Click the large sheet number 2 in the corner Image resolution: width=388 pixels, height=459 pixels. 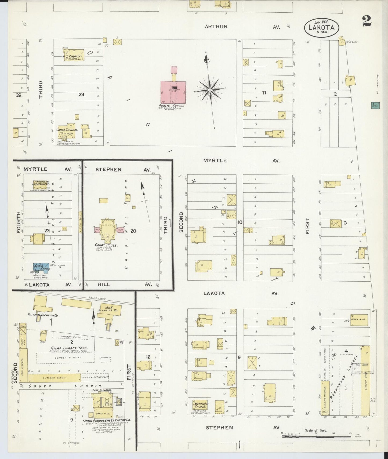[x=366, y=21]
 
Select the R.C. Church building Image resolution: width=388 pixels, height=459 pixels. [x=74, y=55]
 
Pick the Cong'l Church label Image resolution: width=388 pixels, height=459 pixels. [x=67, y=130]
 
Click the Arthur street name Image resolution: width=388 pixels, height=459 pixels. [x=216, y=27]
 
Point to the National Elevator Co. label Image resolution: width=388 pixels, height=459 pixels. [x=43, y=315]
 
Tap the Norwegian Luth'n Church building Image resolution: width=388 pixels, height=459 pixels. [x=41, y=184]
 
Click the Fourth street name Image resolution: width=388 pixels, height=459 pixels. [x=19, y=222]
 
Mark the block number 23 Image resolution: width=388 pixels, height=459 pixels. [x=81, y=94]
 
